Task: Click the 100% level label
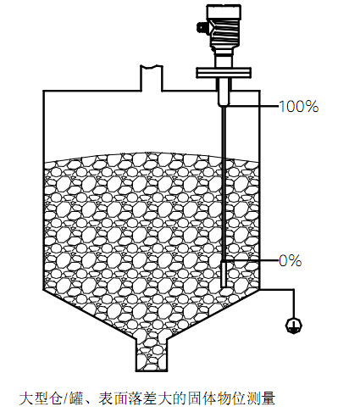coord(299,107)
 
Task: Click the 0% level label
coord(291,260)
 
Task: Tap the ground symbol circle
coord(294,326)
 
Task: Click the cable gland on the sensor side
coord(202,27)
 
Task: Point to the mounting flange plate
coord(224,72)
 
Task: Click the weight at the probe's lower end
coord(224,275)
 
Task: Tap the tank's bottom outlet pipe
coord(152,354)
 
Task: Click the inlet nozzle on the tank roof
coord(152,78)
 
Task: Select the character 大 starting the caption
coord(26,398)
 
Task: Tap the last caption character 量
coord(268,398)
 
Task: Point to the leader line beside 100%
coord(253,106)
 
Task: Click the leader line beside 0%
coord(252,260)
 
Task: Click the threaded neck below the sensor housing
coord(224,58)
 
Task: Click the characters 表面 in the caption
coord(113,398)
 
